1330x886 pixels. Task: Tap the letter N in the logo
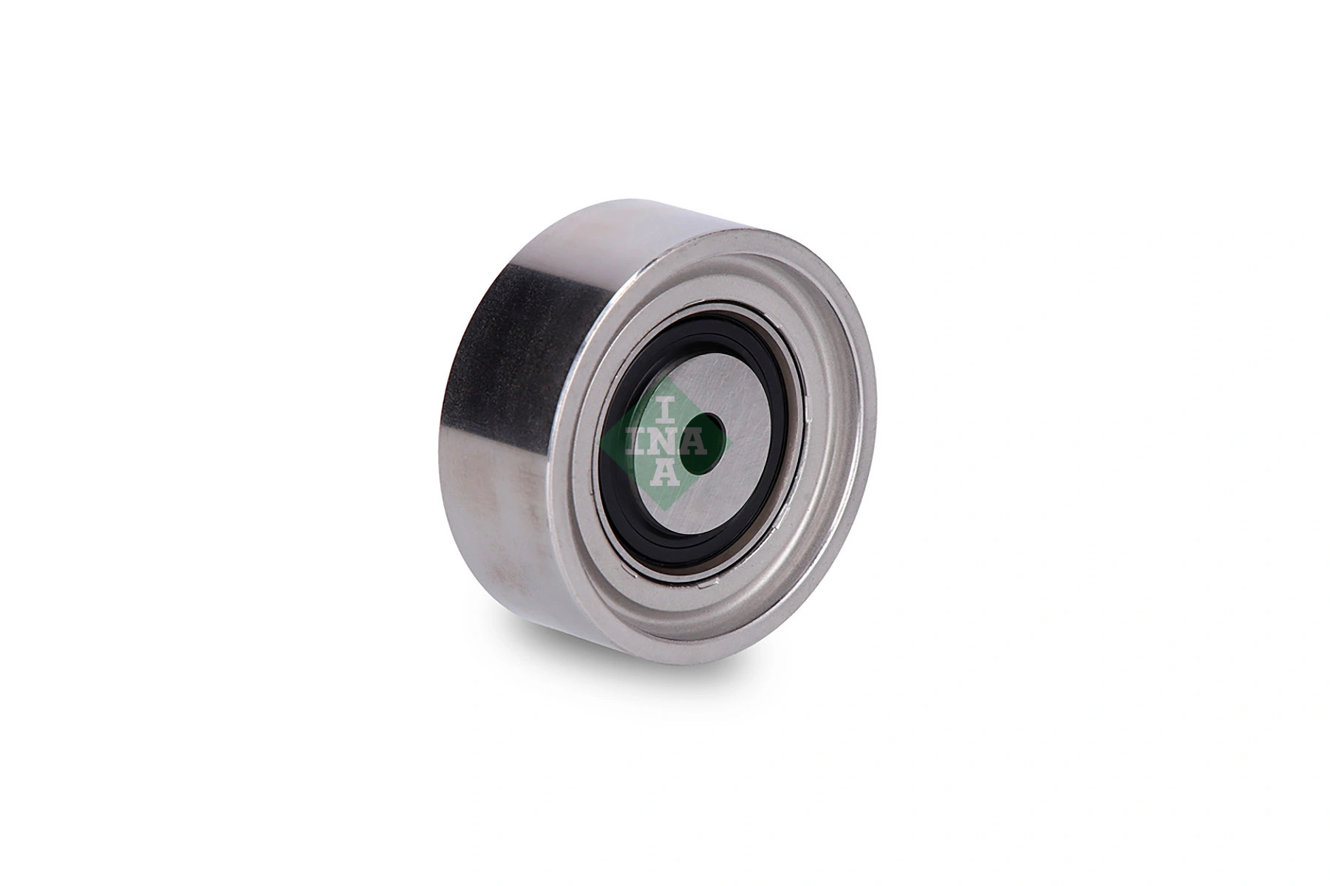click(x=665, y=441)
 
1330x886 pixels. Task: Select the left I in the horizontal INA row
click(x=635, y=441)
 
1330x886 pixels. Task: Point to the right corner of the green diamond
click(x=730, y=442)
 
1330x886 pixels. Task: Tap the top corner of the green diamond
click(x=665, y=378)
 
